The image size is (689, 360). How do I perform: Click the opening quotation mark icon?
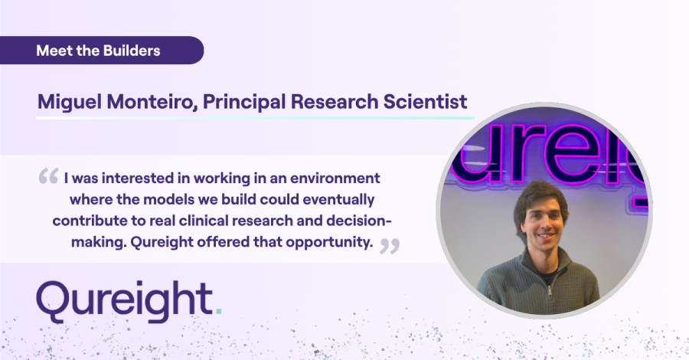(x=48, y=178)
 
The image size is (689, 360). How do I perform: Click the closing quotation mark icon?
(x=390, y=244)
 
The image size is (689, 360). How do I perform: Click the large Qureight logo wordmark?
(x=126, y=301)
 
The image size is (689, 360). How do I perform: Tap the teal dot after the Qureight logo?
(x=219, y=312)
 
